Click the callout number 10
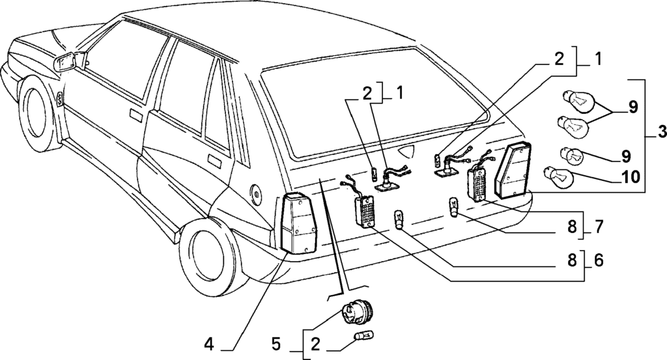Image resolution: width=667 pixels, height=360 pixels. [630, 176]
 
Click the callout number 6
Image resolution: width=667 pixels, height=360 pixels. [599, 260]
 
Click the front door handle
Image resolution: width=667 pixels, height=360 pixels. [136, 115]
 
